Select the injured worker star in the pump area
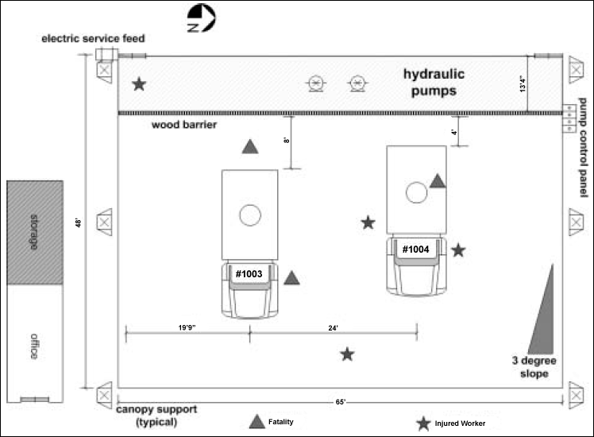[x=140, y=83]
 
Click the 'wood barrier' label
[x=183, y=126]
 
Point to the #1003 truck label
[x=249, y=273]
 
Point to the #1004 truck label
[x=415, y=249]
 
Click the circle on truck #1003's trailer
[x=249, y=215]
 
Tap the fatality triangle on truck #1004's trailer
[x=438, y=182]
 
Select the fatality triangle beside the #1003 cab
[x=292, y=278]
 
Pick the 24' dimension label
[x=334, y=327]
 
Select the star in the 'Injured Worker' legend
[x=424, y=423]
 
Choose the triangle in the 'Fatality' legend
[x=256, y=421]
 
